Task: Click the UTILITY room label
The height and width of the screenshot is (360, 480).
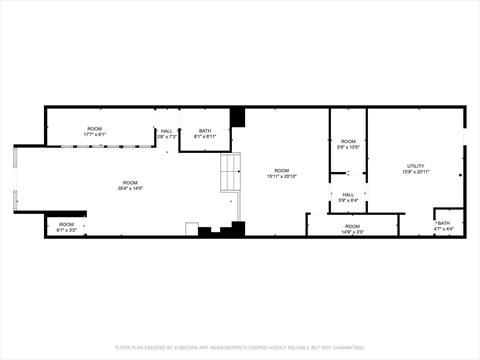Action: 415,166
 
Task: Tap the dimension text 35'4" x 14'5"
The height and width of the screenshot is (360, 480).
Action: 130,188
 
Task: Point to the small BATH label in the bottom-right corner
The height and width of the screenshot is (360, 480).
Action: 444,223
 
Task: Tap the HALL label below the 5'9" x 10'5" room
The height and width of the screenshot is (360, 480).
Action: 348,194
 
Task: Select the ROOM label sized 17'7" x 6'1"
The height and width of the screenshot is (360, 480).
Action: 95,128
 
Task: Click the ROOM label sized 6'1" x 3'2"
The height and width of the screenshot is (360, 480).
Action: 66,224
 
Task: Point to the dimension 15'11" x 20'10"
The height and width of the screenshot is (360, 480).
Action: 282,177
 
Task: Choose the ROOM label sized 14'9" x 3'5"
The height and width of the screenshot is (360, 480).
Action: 352,226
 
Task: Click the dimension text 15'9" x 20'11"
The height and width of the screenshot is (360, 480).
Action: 415,173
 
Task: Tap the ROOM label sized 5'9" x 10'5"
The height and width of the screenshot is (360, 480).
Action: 348,141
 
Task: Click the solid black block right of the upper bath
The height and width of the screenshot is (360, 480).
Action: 237,117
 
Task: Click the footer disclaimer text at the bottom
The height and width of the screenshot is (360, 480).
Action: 240,347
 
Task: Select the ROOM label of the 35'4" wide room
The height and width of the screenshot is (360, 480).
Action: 130,181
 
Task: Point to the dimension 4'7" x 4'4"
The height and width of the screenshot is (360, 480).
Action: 444,229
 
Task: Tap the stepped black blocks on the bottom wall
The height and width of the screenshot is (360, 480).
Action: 221,230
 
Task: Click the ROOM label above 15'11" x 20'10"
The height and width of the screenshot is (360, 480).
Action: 282,170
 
